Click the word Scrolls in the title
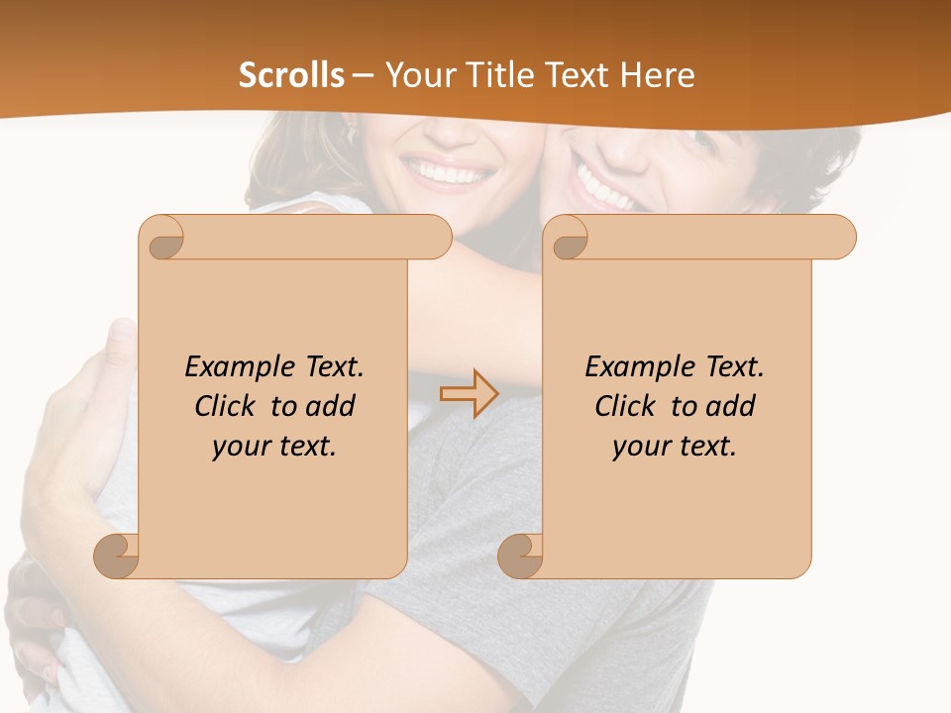click(291, 75)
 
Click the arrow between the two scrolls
click(470, 394)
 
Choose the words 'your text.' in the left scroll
click(274, 446)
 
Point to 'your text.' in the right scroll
click(675, 446)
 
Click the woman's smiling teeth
click(451, 176)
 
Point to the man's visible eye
click(706, 139)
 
